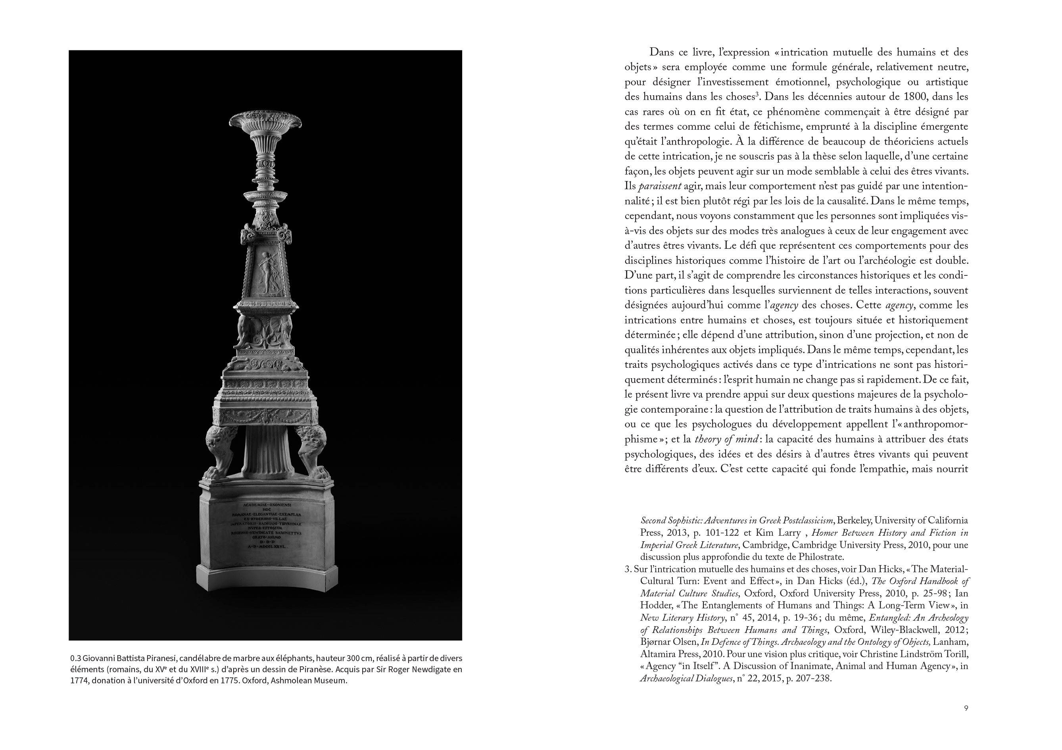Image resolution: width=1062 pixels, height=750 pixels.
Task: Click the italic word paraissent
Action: (660, 186)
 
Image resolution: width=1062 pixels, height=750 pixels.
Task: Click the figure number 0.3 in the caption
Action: (75, 658)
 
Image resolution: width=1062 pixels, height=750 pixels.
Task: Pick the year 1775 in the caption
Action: (229, 681)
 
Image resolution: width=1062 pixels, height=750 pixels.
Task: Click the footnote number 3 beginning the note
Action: (627, 569)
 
